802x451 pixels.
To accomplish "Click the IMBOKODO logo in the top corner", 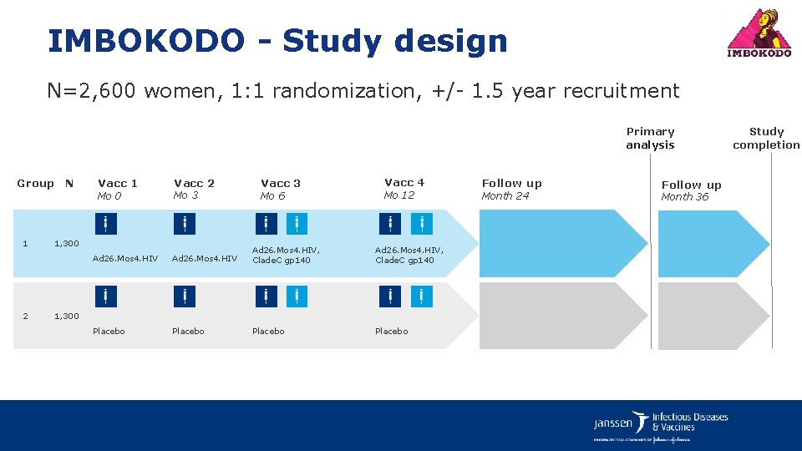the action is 759,33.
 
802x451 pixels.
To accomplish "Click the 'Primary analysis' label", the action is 650,138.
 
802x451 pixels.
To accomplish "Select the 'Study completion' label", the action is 766,138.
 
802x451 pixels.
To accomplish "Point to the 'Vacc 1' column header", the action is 118,183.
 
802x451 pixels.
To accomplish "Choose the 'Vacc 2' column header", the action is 194,183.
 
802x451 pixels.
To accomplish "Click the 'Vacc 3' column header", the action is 281,183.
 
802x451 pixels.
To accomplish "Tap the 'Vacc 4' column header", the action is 404,182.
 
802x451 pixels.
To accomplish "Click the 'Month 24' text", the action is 505,196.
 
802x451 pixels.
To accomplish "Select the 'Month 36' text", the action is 684,197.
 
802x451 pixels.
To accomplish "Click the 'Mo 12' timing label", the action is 399,195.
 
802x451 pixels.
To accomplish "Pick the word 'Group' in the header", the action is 35,184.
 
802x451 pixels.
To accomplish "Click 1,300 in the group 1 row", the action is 67,244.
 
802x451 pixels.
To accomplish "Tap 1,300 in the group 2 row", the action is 67,316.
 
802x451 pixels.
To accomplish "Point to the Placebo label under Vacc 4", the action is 392,332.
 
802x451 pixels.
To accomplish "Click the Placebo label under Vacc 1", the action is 109,332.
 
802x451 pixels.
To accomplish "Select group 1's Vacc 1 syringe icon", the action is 105,224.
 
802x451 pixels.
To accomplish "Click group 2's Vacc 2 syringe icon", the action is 184,296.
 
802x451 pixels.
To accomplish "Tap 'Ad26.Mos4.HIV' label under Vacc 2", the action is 205,259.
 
